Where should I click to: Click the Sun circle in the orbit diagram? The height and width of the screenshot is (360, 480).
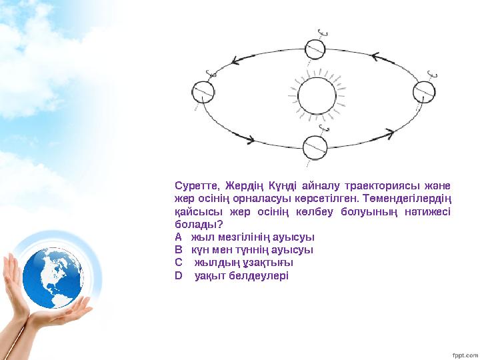coord(317,96)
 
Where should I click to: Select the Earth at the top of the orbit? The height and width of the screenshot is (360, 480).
coord(315,49)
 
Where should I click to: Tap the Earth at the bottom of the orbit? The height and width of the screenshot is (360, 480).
coord(315,147)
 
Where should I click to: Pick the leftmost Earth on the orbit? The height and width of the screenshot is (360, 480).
coord(203,92)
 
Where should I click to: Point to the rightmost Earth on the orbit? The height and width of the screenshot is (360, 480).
coord(424,92)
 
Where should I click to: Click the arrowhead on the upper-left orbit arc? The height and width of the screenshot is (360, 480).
coord(235,59)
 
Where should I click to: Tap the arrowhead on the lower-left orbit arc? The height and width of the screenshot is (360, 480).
coord(250,139)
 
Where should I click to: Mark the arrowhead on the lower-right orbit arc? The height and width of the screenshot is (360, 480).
coord(390,133)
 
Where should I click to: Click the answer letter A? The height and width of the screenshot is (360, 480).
coord(178,237)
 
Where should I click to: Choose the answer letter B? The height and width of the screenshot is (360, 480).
coord(179,250)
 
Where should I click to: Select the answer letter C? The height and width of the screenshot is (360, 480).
coord(179,263)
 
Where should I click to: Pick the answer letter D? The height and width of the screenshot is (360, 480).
coord(179,275)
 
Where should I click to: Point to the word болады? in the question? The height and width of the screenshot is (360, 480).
coord(199,225)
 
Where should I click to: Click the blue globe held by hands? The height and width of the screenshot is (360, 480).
coord(53,277)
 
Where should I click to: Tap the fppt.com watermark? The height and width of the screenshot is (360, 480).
coord(465,355)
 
